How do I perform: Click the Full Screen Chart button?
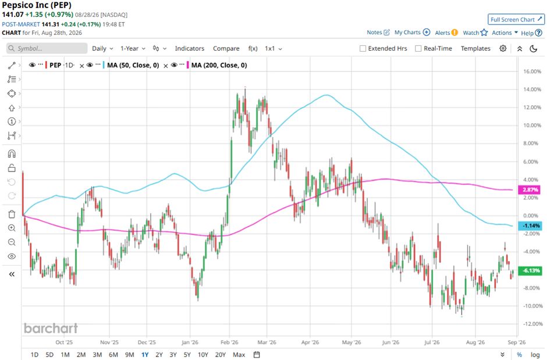pos(516,20)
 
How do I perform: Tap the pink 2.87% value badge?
pos(530,190)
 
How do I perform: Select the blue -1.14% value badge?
pos(530,226)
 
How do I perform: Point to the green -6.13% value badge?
pos(530,270)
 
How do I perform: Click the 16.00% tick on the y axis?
pos(532,72)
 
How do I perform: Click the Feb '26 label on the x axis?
pos(229,342)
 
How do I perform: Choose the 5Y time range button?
pos(187,355)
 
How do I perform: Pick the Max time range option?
pos(239,355)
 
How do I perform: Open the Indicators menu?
pos(190,48)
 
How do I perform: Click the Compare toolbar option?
pos(226,48)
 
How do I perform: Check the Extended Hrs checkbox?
pos(363,48)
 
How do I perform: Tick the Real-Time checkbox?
pos(418,48)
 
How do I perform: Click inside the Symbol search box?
pos(47,48)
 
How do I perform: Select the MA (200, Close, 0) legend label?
pos(219,65)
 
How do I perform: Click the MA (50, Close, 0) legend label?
pos(133,65)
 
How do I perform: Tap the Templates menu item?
pos(475,48)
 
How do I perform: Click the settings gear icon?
pos(503,48)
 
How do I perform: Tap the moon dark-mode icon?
pos(534,48)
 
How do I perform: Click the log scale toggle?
pos(535,355)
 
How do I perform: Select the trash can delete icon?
pos(12,214)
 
